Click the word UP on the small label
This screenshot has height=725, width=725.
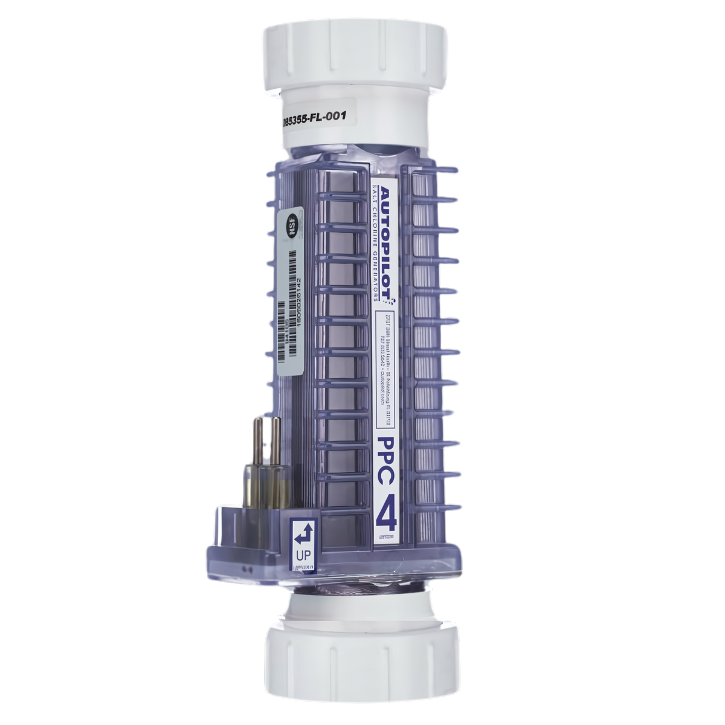[301, 554]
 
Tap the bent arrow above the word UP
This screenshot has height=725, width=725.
[301, 533]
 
